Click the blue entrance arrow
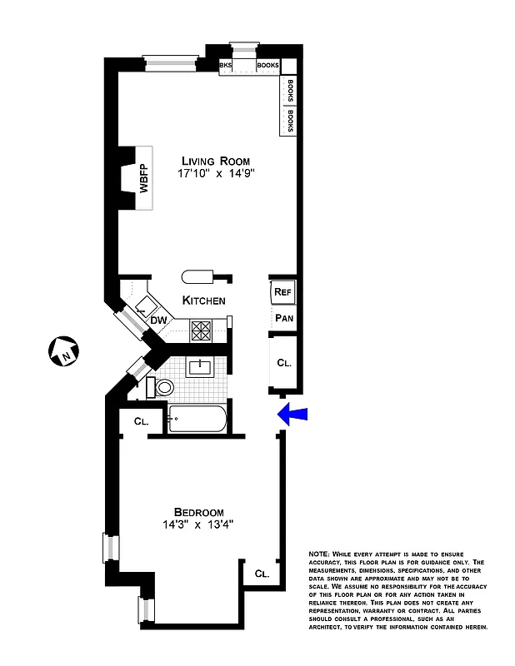tap(292, 413)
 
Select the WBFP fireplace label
tap(143, 179)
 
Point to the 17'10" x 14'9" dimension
tap(215, 175)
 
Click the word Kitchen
tap(203, 301)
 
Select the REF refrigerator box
tap(281, 292)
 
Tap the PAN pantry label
tap(282, 318)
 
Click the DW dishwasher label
tap(158, 321)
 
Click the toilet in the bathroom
tap(162, 387)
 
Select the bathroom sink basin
tap(201, 366)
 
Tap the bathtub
tap(197, 419)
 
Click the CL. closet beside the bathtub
tap(141, 421)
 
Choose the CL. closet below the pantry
tap(283, 363)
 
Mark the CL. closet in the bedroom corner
tap(261, 574)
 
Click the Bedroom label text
tap(199, 511)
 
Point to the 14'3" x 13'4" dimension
tap(198, 525)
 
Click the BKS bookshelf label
tap(225, 65)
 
